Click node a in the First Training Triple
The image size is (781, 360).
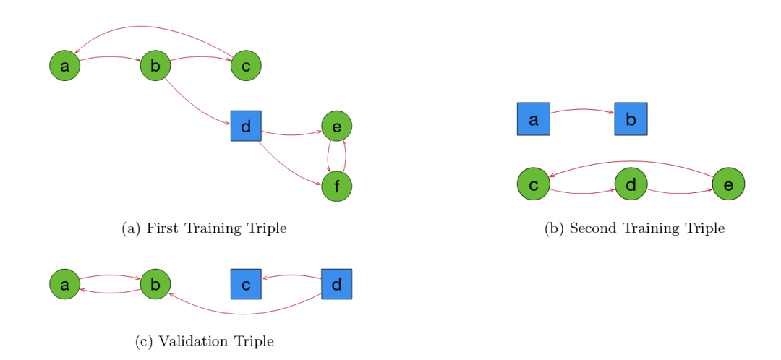click(x=64, y=66)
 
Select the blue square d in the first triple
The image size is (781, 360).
click(x=246, y=126)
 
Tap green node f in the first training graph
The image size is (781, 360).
click(x=336, y=187)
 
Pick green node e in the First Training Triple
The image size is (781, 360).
click(x=336, y=126)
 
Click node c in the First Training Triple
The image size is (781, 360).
click(x=246, y=66)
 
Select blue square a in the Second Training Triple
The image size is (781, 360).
click(x=534, y=119)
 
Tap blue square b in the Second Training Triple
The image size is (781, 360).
click(x=631, y=119)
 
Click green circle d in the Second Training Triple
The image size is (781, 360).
click(x=631, y=184)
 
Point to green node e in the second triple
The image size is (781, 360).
click(x=728, y=184)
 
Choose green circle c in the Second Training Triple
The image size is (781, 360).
click(x=534, y=184)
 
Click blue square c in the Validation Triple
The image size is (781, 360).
click(x=246, y=284)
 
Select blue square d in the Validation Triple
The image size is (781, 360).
click(x=336, y=284)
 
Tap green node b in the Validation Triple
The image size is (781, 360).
click(x=155, y=284)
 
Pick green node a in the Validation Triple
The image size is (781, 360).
click(x=64, y=284)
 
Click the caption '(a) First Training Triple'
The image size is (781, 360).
click(x=205, y=228)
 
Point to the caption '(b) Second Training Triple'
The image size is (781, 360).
click(x=634, y=228)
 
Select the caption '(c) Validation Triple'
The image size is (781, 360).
click(x=205, y=341)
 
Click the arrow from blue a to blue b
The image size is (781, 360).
click(x=582, y=110)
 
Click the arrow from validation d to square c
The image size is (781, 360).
click(x=291, y=275)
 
